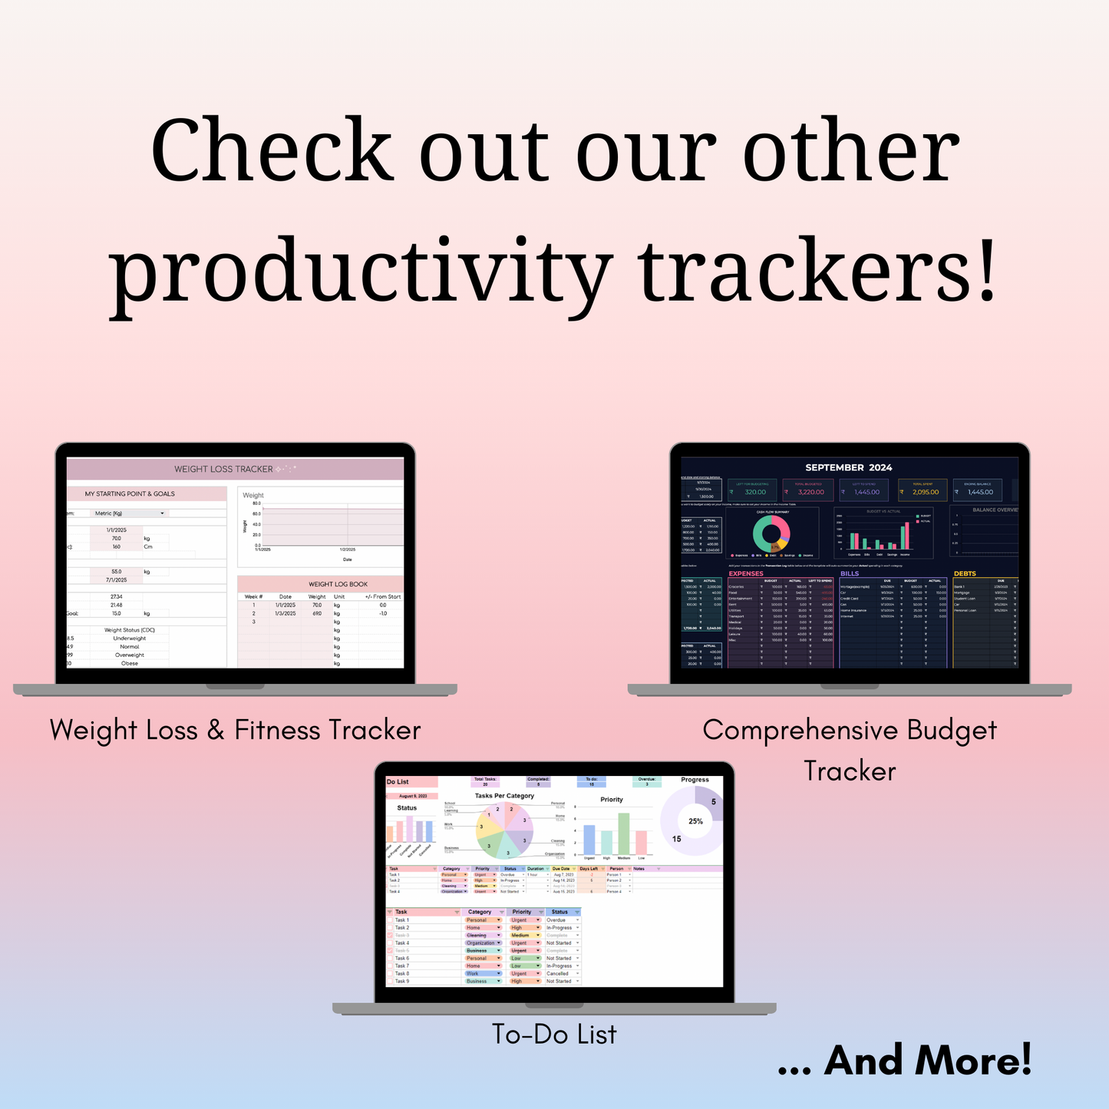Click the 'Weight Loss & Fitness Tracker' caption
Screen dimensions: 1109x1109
[235, 730]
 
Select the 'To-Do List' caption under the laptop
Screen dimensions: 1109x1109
[554, 1035]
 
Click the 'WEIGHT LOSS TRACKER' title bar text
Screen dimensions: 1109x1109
[223, 469]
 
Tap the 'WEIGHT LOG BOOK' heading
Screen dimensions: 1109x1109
[338, 584]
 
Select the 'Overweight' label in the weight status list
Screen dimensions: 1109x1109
[129, 655]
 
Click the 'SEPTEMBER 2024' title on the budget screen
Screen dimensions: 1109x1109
[848, 467]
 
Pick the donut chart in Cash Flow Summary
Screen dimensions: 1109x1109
[771, 533]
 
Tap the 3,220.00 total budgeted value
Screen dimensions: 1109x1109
[810, 492]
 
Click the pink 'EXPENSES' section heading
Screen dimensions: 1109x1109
[745, 573]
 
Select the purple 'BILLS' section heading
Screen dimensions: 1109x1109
[849, 573]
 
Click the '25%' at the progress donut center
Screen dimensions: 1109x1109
[695, 821]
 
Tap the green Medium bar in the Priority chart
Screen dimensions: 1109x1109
[624, 833]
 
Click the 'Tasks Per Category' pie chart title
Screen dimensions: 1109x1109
[504, 796]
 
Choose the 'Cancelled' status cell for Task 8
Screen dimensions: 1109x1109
[558, 973]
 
